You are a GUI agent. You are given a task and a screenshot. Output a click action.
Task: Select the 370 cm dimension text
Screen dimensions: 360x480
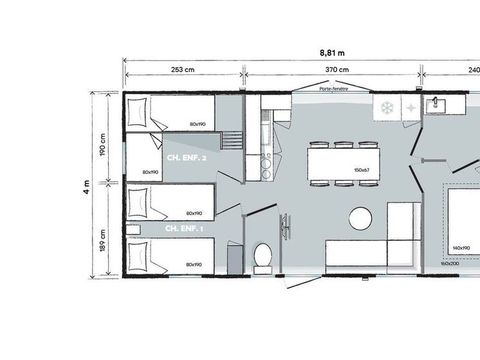(337, 69)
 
